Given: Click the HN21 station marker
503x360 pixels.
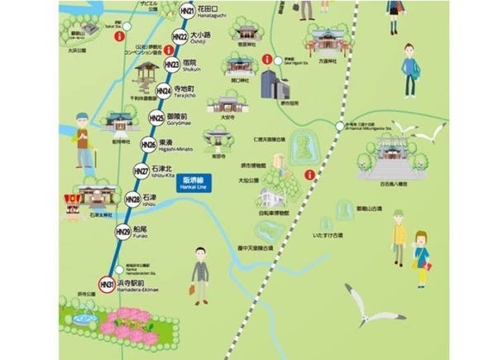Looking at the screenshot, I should [188, 12].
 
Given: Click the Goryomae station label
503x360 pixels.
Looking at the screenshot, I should [178, 119].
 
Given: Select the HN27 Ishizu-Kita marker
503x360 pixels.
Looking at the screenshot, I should [141, 171].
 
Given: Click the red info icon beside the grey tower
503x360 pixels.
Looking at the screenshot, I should [267, 60].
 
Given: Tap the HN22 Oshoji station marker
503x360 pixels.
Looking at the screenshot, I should [179, 37].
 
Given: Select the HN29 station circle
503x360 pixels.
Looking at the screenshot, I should [122, 231].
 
